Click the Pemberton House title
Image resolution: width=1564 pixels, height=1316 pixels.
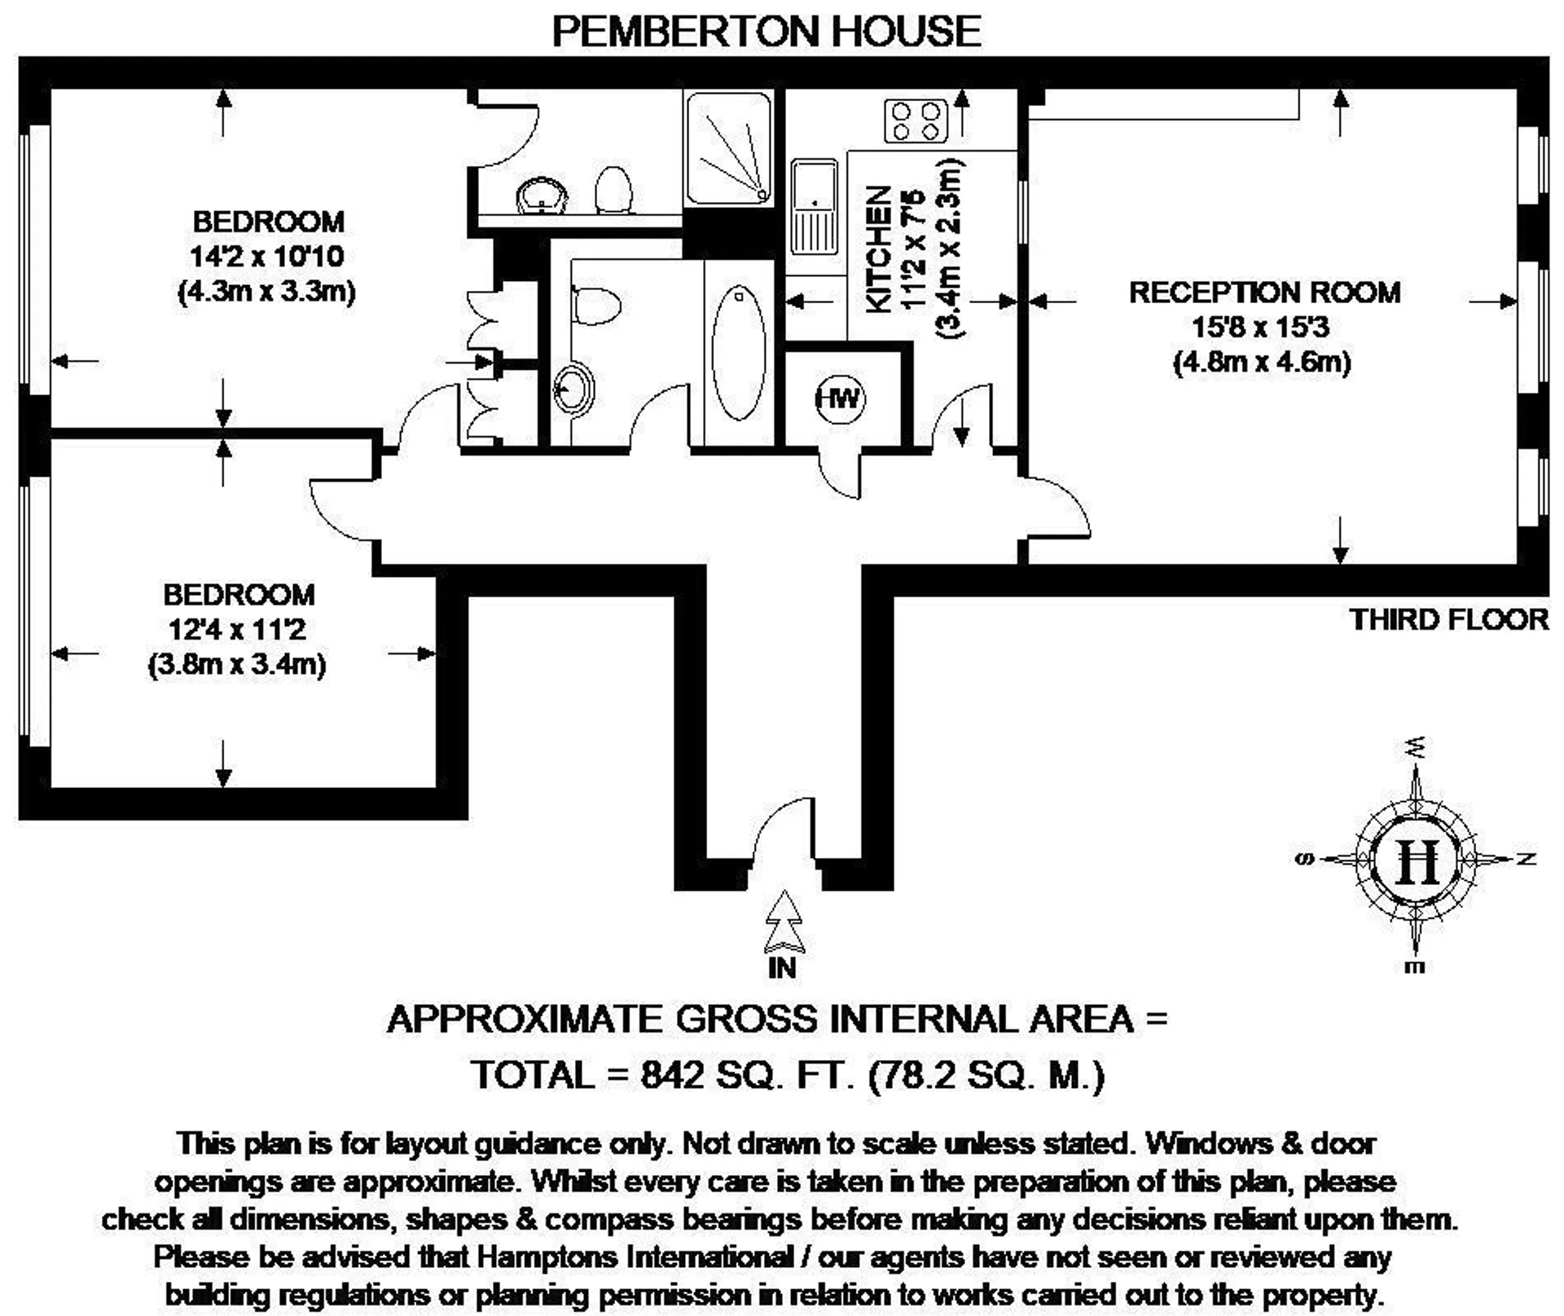[767, 31]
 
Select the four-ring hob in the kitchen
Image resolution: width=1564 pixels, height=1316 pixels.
[916, 121]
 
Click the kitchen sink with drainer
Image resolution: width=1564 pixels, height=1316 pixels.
[814, 206]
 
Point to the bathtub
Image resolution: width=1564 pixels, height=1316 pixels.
[738, 353]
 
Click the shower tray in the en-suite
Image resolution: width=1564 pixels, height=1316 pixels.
[728, 148]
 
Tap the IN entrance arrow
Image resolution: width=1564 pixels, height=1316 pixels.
[784, 922]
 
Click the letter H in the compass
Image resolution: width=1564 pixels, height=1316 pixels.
[1417, 860]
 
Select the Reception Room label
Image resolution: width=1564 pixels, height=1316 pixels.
[1264, 292]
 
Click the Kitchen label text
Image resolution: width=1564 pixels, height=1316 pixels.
[878, 249]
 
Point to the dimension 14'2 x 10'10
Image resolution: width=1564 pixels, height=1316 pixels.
[267, 256]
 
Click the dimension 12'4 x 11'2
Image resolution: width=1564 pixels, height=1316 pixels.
[237, 629]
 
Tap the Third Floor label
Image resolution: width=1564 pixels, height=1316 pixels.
[1449, 619]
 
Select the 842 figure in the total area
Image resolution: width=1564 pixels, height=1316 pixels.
[672, 1075]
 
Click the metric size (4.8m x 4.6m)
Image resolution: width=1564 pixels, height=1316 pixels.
[1262, 361]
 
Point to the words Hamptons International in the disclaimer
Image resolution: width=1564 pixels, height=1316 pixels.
[635, 1257]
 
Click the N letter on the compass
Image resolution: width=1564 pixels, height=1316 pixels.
[1527, 859]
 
